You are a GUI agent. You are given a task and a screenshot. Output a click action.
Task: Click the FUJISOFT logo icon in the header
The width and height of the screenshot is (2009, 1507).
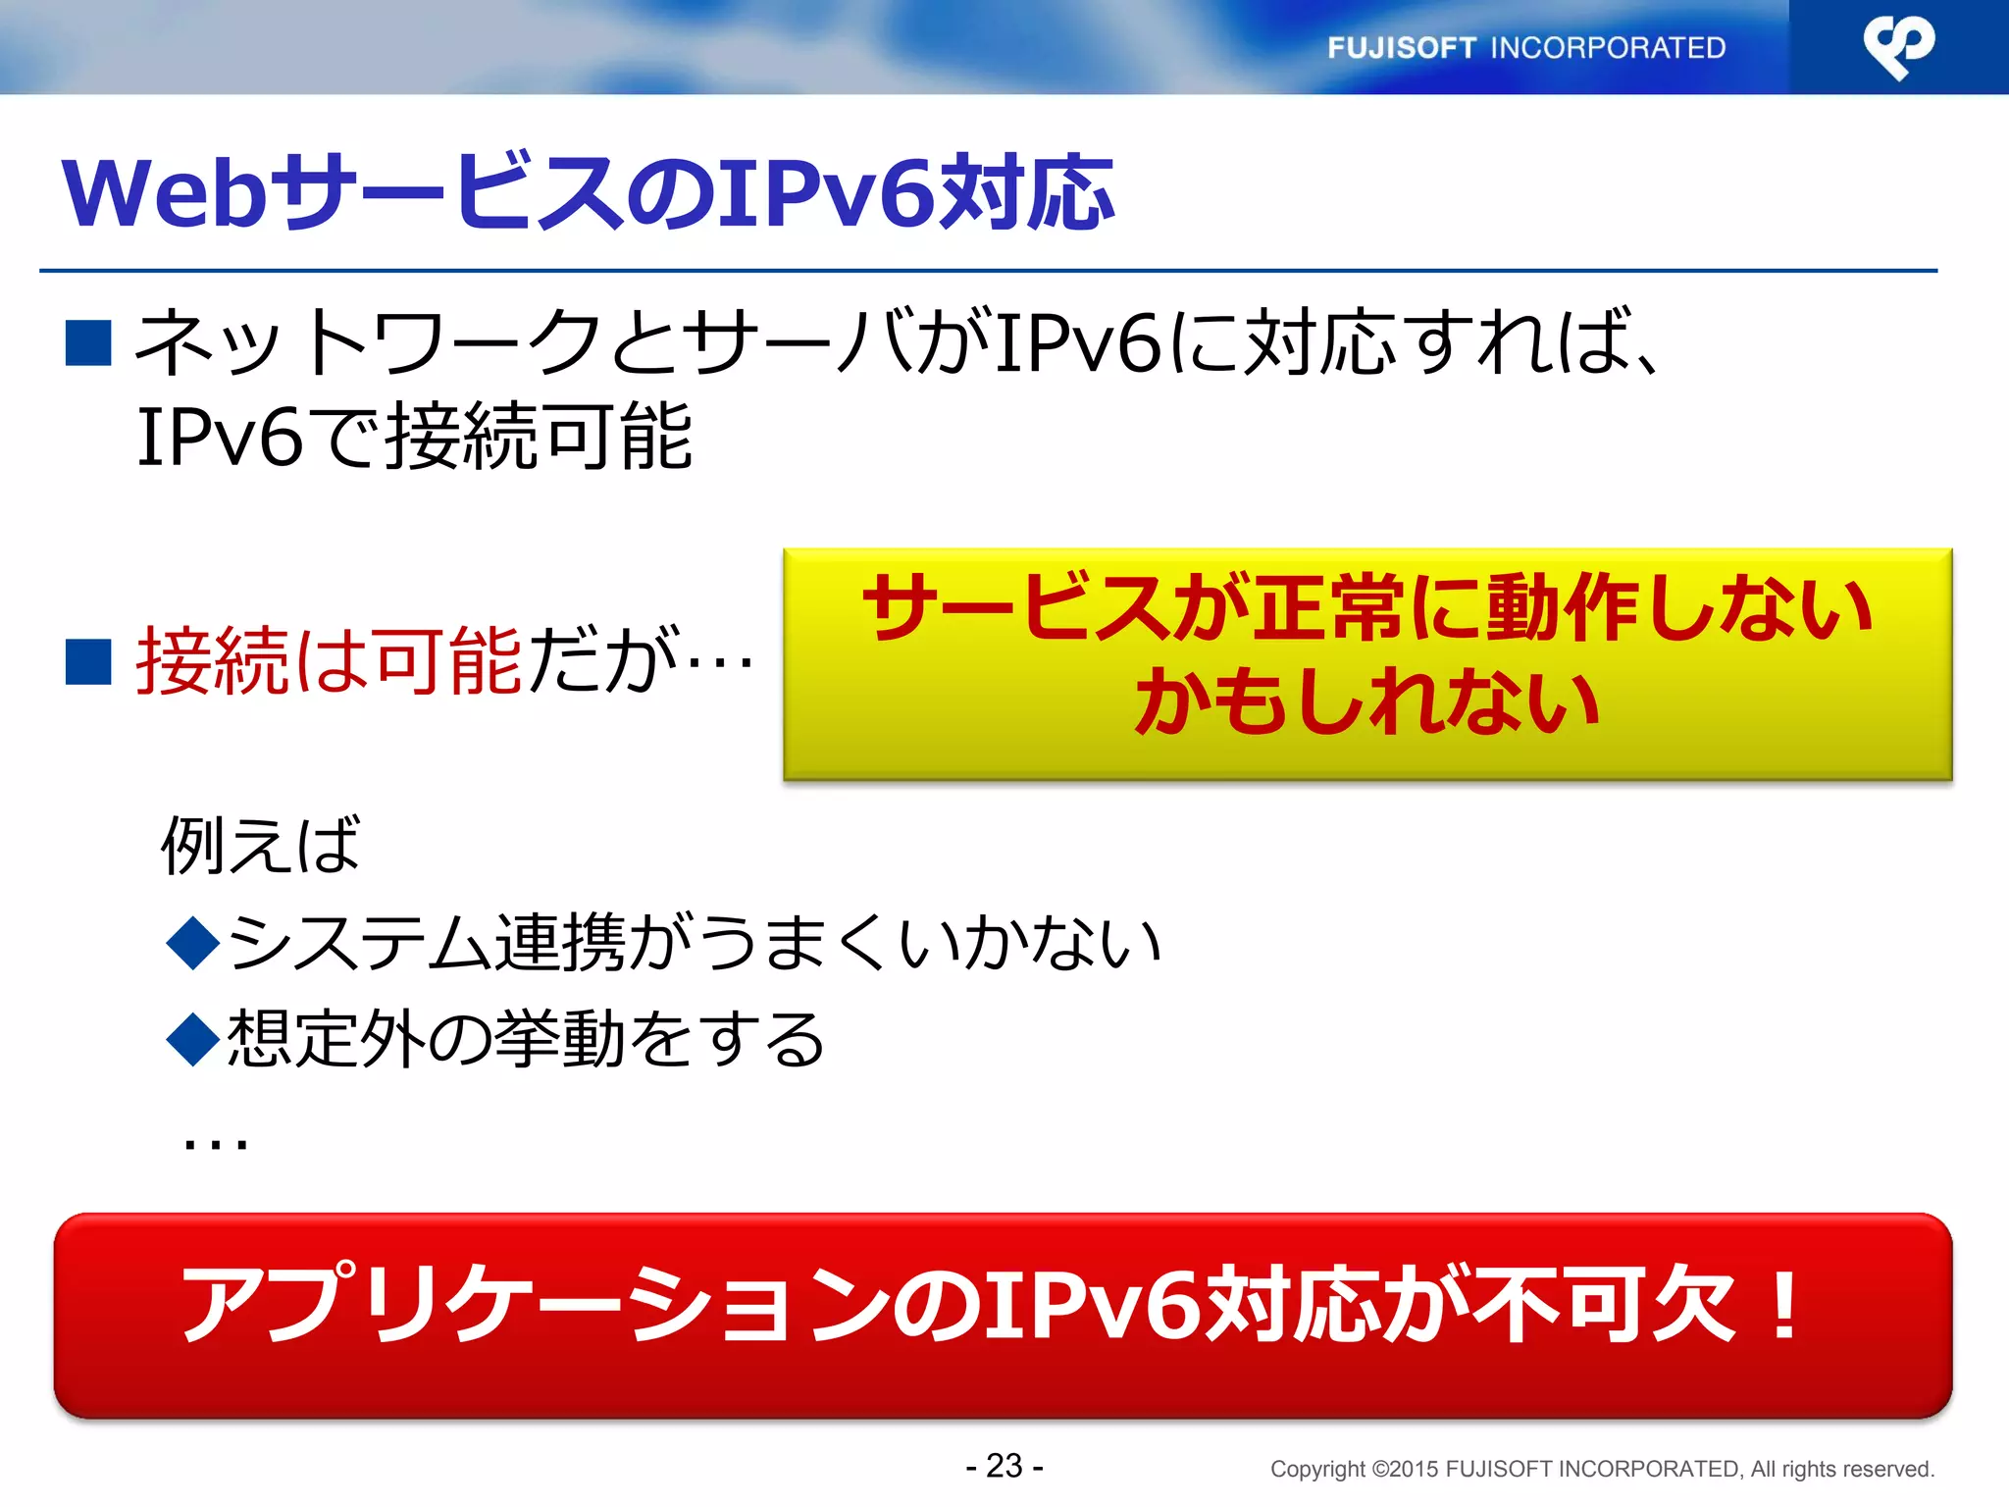[1898, 46]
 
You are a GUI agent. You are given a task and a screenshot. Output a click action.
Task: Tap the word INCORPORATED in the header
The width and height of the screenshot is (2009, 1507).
[1608, 48]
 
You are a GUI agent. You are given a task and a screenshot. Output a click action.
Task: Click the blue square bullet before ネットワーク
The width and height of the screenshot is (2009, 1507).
[88, 343]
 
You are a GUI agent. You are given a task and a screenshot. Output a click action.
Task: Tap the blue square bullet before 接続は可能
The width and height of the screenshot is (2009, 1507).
[88, 660]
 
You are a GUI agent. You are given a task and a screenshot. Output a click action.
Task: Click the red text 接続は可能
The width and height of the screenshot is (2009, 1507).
[329, 661]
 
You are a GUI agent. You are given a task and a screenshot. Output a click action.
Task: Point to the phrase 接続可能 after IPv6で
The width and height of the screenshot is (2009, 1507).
[539, 438]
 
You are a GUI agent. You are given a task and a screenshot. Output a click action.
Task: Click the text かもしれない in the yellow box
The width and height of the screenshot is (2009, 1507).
[1366, 703]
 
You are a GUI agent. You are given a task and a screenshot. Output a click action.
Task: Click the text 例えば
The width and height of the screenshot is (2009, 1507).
[261, 845]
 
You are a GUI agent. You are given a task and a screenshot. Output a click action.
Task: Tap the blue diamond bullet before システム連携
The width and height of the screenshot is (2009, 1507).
[193, 943]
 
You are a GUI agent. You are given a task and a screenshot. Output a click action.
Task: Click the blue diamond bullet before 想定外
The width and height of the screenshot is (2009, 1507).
[193, 1039]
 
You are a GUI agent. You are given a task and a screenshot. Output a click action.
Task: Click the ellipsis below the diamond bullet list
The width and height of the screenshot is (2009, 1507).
[216, 1142]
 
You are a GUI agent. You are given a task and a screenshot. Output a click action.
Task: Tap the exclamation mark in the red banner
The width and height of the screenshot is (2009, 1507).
[1785, 1305]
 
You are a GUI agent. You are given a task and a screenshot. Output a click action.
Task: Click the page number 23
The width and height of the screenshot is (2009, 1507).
[1004, 1466]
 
